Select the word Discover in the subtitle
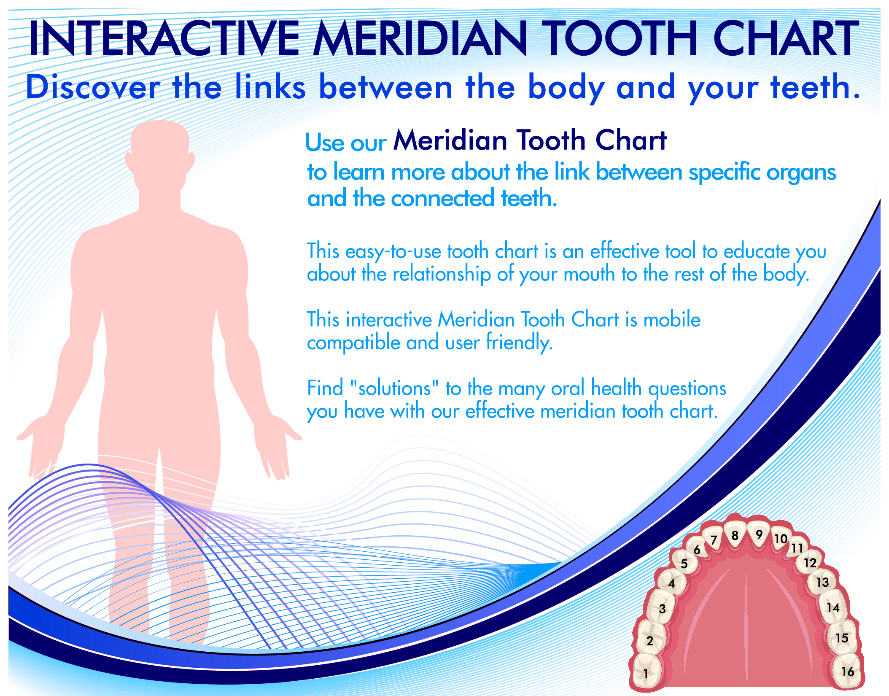pos(93,87)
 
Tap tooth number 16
pos(847,671)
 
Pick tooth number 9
pos(759,534)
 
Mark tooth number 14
pos(832,607)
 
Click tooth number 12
pos(809,562)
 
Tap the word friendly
pos(519,343)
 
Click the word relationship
pos(442,275)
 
